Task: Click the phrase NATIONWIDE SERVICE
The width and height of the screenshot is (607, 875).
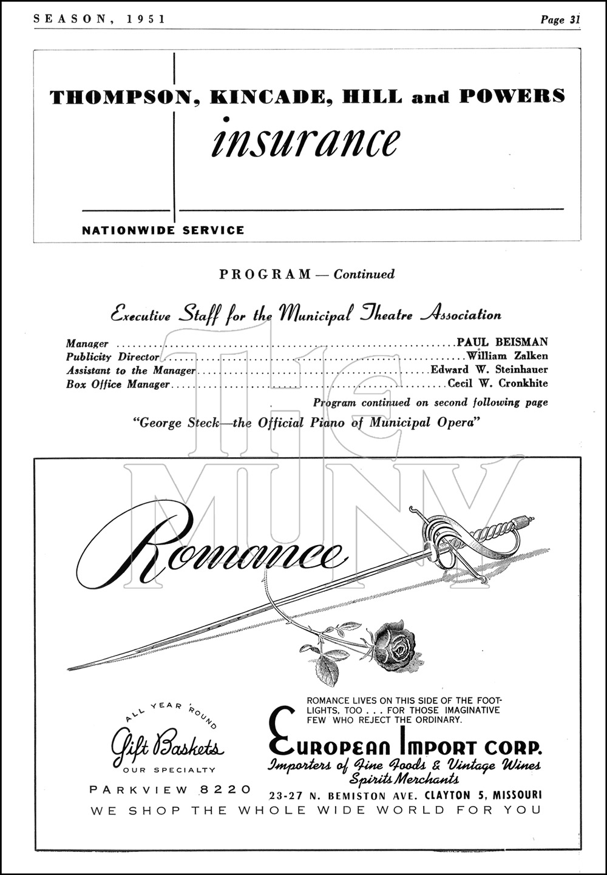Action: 163,230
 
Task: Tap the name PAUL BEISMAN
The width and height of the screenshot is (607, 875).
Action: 503,342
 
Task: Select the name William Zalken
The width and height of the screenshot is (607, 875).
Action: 507,356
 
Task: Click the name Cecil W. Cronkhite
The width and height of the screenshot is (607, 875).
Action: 498,383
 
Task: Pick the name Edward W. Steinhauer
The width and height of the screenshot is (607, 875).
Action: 489,369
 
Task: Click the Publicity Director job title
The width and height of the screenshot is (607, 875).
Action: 113,357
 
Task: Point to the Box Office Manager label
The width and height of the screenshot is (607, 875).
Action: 118,384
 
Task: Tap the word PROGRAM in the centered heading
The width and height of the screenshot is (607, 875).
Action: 265,274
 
